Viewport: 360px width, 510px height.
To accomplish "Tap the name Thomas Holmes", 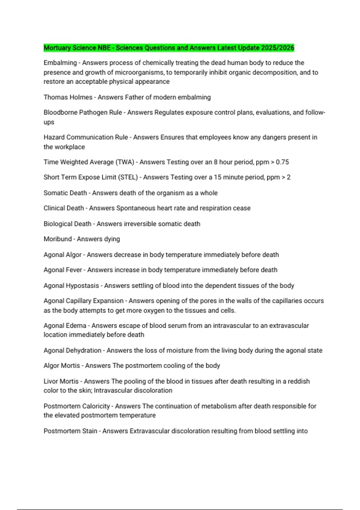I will [x=68, y=97].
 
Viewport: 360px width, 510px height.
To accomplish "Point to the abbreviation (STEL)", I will [x=128, y=177].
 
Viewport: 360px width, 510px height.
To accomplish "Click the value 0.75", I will [x=282, y=162].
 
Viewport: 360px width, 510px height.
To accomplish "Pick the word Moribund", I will [x=58, y=239].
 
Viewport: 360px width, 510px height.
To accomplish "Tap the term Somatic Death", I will [x=65, y=193].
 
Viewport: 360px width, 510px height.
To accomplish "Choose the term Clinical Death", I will [x=64, y=208].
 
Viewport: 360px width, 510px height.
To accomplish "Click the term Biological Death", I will [x=67, y=224].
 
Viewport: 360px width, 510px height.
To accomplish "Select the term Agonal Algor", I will [x=62, y=255].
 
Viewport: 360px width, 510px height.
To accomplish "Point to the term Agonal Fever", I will [x=63, y=270].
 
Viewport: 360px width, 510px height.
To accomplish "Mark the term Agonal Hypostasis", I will [x=71, y=286].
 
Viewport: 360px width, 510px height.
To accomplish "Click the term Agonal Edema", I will [x=65, y=325].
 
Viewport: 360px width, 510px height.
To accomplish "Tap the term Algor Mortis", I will [x=62, y=366].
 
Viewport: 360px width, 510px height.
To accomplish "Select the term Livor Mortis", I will [x=61, y=381].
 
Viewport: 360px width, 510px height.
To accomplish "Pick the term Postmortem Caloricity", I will [x=77, y=406].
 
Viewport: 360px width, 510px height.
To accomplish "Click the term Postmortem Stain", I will [x=70, y=431].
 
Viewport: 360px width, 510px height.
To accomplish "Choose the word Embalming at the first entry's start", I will [x=60, y=63].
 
